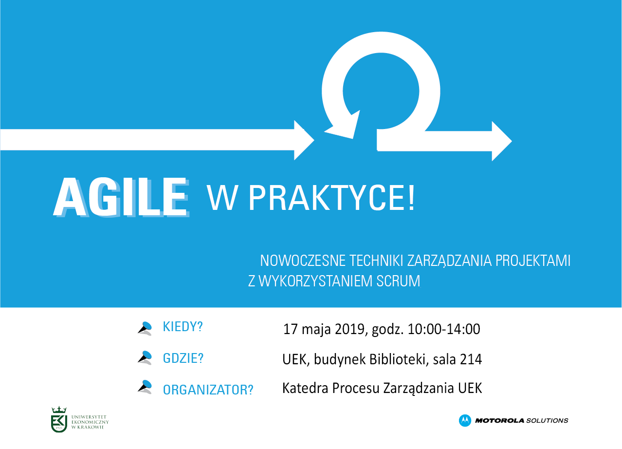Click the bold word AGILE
121,197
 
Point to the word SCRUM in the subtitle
398,281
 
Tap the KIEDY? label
183,326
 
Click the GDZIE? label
183,358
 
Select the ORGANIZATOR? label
208,390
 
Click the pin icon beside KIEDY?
145,328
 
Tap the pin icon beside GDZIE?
145,357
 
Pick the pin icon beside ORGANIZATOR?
145,387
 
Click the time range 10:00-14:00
444,329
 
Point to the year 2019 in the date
349,329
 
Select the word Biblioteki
397,359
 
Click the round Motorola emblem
465,420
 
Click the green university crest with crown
59,419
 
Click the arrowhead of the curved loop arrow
344,126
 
